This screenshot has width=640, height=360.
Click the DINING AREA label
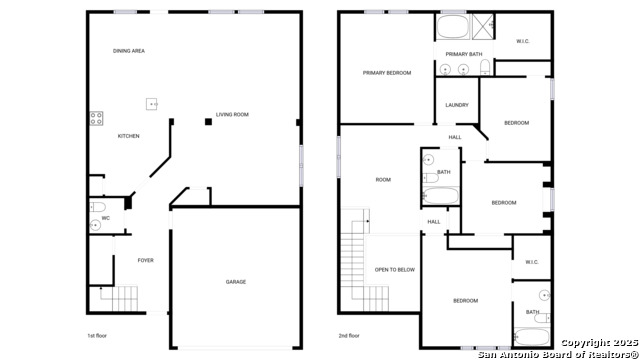(x=129, y=50)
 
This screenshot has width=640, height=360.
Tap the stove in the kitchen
(x=96, y=119)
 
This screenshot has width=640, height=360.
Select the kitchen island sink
(x=153, y=102)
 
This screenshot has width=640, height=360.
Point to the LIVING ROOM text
(x=232, y=115)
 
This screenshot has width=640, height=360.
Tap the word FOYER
(x=145, y=260)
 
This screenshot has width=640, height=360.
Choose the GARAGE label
(x=235, y=281)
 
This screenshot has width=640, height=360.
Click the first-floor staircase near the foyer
(x=119, y=298)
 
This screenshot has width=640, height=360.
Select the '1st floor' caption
(x=99, y=337)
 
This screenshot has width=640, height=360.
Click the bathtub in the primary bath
(x=452, y=25)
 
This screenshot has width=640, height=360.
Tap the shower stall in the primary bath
(x=483, y=25)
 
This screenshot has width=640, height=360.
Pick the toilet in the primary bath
(x=483, y=68)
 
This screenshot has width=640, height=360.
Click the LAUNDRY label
(x=457, y=105)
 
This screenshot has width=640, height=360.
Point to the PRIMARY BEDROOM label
(x=386, y=73)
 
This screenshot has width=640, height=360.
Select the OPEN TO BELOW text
(x=394, y=270)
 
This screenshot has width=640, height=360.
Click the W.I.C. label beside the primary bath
(x=523, y=41)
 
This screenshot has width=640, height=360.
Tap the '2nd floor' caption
(x=349, y=337)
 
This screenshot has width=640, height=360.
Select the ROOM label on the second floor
(x=382, y=180)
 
